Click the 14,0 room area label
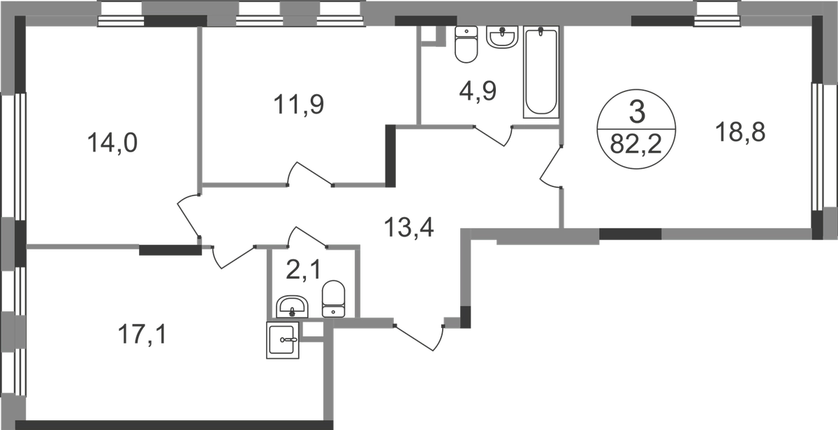click(x=112, y=143)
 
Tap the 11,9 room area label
click(x=299, y=105)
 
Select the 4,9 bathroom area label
click(x=478, y=91)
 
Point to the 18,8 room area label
click(x=740, y=133)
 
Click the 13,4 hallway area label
click(x=409, y=228)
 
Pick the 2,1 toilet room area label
click(x=303, y=269)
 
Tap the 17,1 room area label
click(x=142, y=334)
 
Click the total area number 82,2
click(x=636, y=144)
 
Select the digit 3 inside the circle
click(x=637, y=112)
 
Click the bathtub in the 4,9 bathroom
click(x=541, y=72)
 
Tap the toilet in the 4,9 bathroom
click(x=466, y=44)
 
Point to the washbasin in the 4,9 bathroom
click(x=502, y=37)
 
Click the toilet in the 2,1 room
click(x=333, y=299)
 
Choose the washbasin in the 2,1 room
click(x=292, y=307)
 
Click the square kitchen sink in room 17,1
click(x=282, y=340)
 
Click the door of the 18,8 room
click(x=551, y=166)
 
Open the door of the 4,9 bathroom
click(x=493, y=136)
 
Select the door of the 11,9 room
click(x=310, y=174)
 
